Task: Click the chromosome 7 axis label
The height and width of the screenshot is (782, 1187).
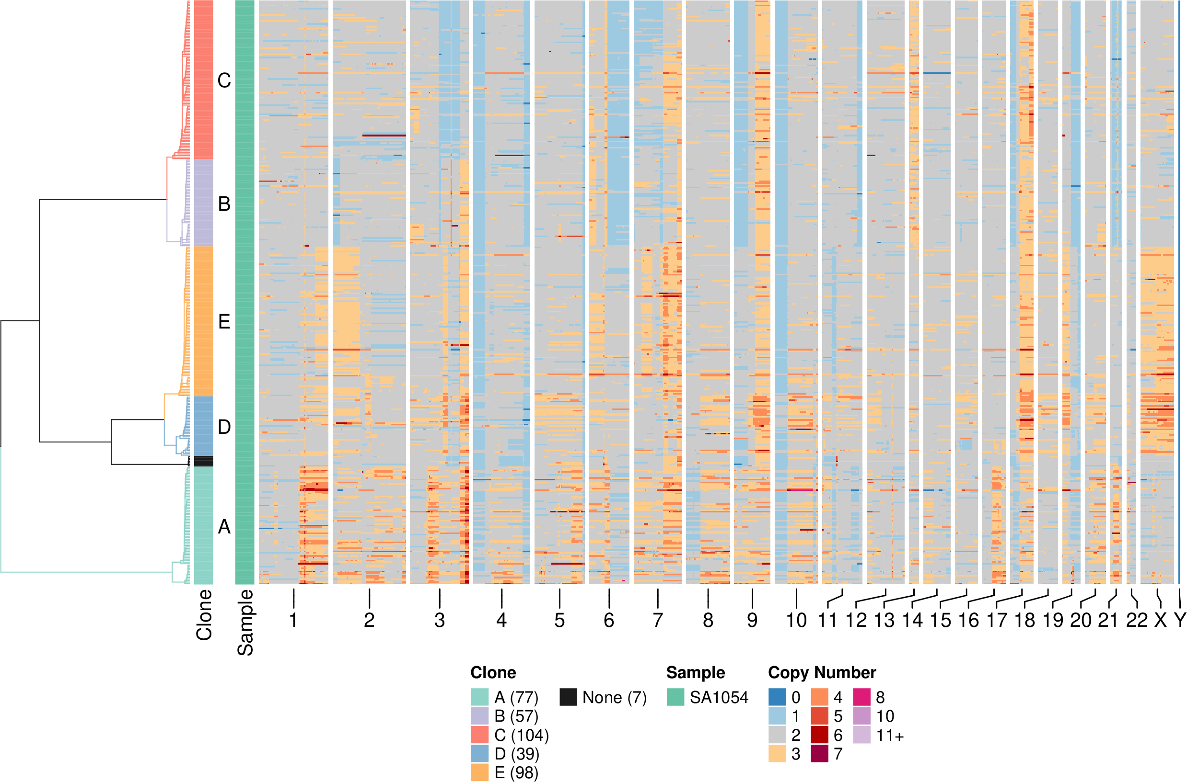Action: [x=658, y=621]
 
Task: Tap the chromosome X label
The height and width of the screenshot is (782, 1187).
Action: [x=1161, y=621]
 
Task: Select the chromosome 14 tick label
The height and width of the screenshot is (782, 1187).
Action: [x=912, y=621]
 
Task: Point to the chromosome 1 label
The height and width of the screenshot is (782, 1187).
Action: [x=293, y=621]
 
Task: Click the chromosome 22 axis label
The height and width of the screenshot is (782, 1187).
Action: [x=1137, y=621]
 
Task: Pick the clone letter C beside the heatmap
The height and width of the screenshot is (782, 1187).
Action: [x=224, y=80]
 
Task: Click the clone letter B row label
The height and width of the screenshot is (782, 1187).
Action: [x=224, y=204]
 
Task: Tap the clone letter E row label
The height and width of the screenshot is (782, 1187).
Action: [x=224, y=322]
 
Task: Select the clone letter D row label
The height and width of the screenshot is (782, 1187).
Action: [x=224, y=427]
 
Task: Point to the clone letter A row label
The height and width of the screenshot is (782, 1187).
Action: [x=224, y=527]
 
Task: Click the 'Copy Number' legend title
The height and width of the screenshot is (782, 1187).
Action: [x=822, y=673]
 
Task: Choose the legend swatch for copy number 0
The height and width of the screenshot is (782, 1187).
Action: [x=777, y=697]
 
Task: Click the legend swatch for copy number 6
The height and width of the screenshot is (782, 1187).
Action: [x=819, y=735]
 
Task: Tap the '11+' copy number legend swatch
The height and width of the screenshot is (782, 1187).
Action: [x=861, y=735]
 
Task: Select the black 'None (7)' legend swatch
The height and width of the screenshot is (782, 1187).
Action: [x=568, y=697]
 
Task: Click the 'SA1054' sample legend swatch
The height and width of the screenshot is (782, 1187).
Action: [x=675, y=697]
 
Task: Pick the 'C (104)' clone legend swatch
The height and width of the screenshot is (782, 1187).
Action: [x=480, y=735]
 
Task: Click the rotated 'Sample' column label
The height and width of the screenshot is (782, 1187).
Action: [x=245, y=623]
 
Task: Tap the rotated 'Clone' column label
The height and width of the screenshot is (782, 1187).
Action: [x=204, y=615]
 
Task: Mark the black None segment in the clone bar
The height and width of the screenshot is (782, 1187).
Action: [x=204, y=461]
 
